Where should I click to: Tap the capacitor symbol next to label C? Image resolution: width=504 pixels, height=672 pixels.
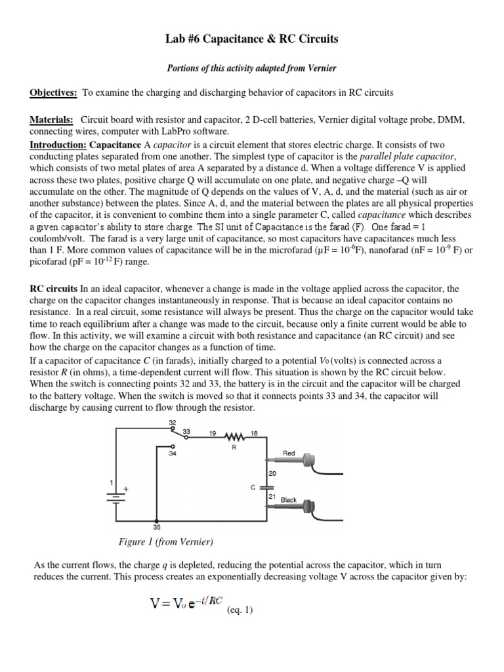tap(265, 488)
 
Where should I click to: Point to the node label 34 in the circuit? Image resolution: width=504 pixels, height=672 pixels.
tap(174, 453)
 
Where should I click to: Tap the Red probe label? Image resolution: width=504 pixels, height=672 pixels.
tap(289, 453)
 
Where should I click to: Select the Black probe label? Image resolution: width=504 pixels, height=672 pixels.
tap(289, 500)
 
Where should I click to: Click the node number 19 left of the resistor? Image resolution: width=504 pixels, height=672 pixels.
tap(213, 433)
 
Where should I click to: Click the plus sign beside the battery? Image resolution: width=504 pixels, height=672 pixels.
tap(127, 489)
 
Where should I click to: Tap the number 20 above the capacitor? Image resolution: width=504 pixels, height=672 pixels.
tap(272, 473)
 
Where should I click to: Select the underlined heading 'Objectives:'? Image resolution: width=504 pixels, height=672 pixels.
tap(52, 93)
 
